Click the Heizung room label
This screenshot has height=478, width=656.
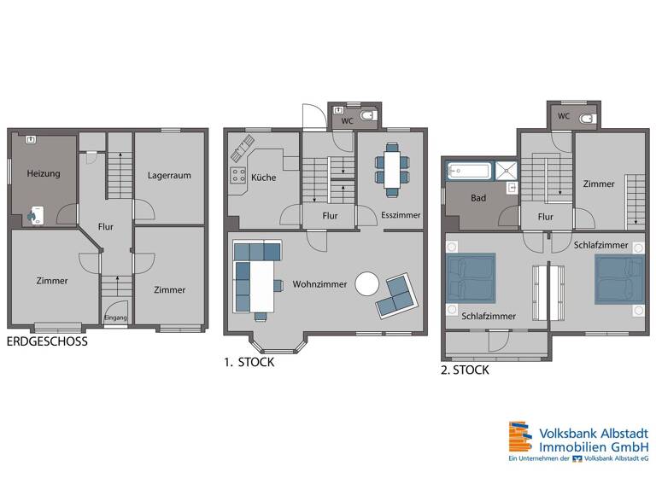click(x=43, y=174)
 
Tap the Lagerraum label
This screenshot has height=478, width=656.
click(x=169, y=175)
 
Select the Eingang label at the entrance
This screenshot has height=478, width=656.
click(x=115, y=318)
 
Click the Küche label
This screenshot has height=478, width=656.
click(x=262, y=178)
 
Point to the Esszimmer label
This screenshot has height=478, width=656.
click(x=401, y=215)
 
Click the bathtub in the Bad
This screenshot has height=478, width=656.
click(x=468, y=171)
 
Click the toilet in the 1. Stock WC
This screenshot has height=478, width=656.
click(x=366, y=116)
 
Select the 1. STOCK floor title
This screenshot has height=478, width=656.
click(x=249, y=362)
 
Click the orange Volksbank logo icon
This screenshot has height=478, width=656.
click(x=519, y=436)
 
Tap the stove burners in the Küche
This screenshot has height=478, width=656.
click(x=235, y=178)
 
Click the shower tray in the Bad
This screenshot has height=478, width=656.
click(x=507, y=169)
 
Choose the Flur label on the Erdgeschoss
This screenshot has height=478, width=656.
click(x=106, y=227)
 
